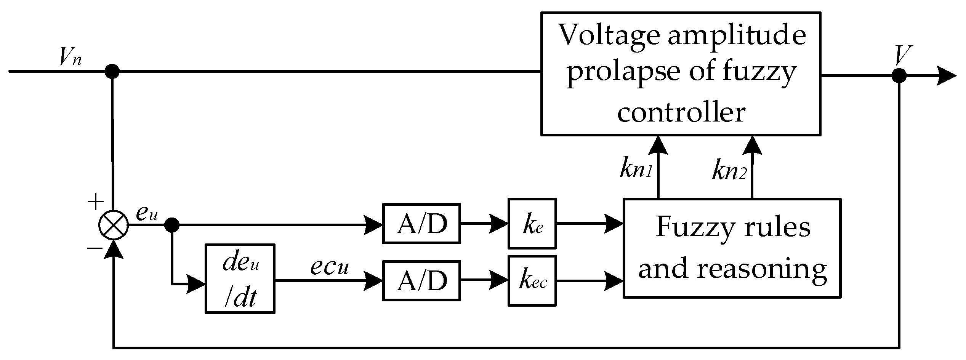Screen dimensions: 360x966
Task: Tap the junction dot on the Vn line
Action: pos(112,71)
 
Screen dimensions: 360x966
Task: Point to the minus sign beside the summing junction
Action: pos(95,249)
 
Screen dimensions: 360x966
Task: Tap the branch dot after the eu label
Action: pos(172,225)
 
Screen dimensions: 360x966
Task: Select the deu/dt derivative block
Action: pos(240,278)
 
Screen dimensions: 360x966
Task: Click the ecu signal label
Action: pos(330,267)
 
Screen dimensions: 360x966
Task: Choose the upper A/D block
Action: pos(421,224)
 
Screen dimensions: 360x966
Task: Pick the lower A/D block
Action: pos(421,281)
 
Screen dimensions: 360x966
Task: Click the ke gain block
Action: pos(532,224)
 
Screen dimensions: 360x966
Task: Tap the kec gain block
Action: pos(532,281)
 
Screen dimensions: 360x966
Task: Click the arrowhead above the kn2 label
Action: pos(752,145)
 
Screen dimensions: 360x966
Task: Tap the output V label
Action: pos(901,56)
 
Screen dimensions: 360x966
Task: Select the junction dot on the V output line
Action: pos(899,75)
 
